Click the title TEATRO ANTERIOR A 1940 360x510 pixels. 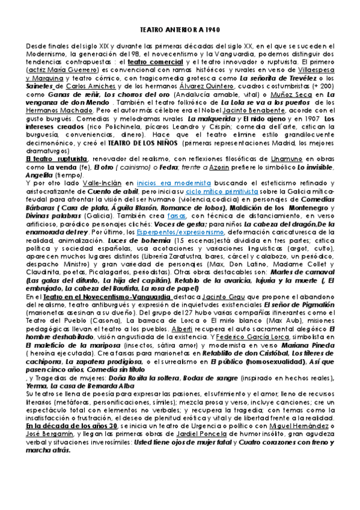179,29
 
